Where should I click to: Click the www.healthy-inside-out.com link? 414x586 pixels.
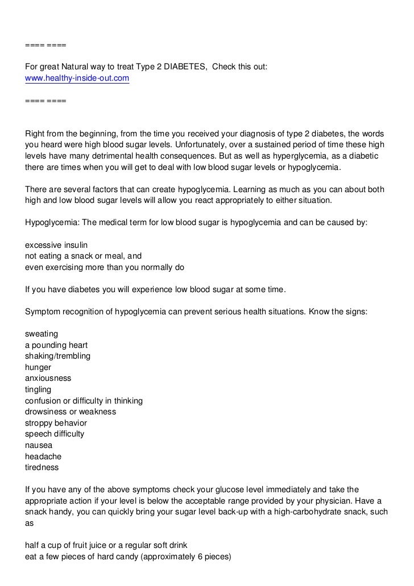(77, 78)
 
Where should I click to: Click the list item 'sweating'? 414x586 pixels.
(42, 334)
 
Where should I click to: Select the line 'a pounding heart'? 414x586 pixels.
(56, 345)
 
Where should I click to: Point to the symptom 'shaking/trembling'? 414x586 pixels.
(58, 356)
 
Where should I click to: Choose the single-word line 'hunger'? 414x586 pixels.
(38, 367)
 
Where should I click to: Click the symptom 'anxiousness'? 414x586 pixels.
(48, 378)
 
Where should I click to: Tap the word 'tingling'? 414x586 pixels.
(38, 389)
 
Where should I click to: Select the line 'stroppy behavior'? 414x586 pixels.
(56, 423)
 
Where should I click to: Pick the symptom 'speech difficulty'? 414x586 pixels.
(55, 434)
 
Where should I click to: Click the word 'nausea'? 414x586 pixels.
(38, 445)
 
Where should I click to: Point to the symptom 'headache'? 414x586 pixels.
(43, 456)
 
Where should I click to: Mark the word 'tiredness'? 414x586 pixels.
(42, 467)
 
